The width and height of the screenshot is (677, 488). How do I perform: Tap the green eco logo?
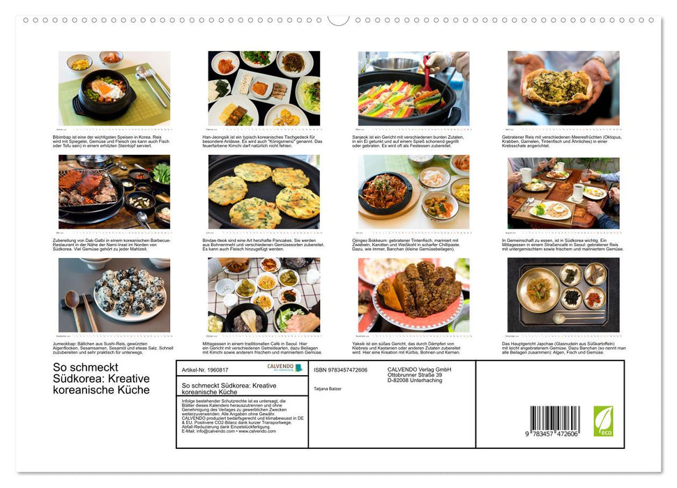click(x=603, y=421)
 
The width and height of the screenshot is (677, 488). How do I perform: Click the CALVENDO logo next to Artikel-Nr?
click(x=284, y=368)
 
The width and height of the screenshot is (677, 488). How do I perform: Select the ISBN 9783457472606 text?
click(x=340, y=369)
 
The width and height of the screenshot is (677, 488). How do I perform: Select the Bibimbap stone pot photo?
click(x=114, y=89)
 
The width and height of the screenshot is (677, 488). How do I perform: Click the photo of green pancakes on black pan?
click(x=264, y=192)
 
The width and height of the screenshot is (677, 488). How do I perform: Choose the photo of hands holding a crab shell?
click(x=563, y=89)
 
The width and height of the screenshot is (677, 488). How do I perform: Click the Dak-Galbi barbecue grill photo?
click(x=114, y=192)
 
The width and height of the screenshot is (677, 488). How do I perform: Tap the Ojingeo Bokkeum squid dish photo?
click(x=413, y=192)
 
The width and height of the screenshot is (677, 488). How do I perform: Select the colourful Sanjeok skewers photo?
click(x=413, y=89)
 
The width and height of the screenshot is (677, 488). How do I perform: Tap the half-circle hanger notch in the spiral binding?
click(x=338, y=20)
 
